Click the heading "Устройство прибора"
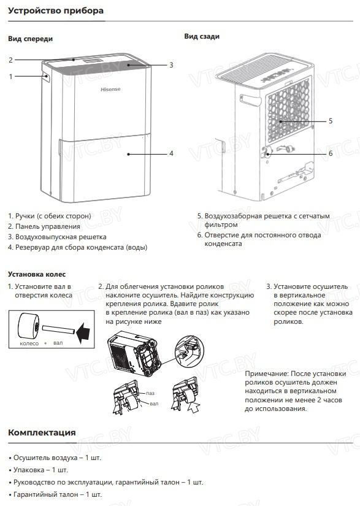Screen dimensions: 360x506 tap(56, 10)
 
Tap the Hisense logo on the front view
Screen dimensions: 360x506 tap(110, 90)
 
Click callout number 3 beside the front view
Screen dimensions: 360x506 tap(171, 65)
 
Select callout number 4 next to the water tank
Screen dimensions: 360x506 tap(171, 153)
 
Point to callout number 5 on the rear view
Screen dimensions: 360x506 tap(331, 121)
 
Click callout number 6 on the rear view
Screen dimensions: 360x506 tap(331, 153)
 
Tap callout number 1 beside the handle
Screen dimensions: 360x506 tap(10, 77)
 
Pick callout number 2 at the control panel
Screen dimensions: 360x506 tap(10, 59)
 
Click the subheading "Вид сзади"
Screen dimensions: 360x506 tap(202, 36)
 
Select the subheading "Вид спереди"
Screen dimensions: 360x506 tap(30, 39)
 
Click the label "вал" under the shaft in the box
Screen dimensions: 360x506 tap(58, 343)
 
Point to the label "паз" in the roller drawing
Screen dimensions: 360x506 tap(150, 393)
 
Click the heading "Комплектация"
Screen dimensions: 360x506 tap(42, 432)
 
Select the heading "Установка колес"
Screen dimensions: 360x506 tap(37, 274)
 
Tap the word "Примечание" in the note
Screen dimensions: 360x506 tap(266, 374)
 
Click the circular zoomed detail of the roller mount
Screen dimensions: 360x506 tap(190, 350)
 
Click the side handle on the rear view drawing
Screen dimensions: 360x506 tap(250, 100)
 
